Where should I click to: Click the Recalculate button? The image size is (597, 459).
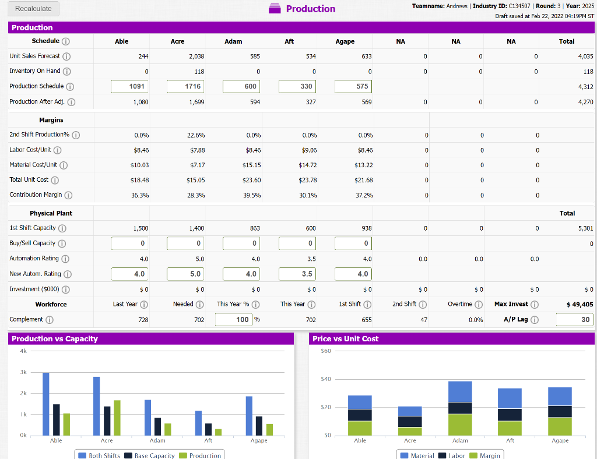pos(33,8)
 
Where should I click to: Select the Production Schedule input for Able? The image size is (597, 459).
pos(129,86)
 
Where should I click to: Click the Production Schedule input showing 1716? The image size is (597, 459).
pos(185,86)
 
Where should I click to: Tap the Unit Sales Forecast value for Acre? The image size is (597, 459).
pos(196,56)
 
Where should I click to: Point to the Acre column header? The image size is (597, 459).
pos(177,41)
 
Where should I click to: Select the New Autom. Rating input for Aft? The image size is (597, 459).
pos(297,274)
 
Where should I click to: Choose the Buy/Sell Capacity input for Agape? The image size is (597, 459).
pos(352,243)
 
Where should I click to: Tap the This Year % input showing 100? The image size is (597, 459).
pos(233,319)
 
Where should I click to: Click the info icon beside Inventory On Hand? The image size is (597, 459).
pos(65,71)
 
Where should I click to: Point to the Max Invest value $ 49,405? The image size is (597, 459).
pos(580,304)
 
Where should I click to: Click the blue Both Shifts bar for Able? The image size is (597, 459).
pos(46,404)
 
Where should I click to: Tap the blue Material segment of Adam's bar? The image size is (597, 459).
pos(460,391)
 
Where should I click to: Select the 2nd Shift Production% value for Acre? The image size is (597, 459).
pos(196,135)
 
